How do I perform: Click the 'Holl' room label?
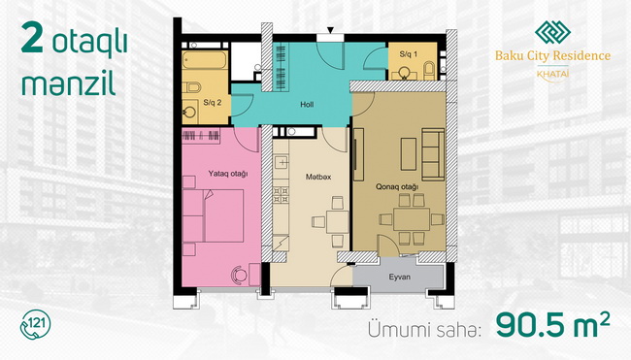[x=307, y=105]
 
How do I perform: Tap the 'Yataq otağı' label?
[x=228, y=174]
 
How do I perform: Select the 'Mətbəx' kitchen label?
[x=317, y=177]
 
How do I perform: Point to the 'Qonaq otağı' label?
[x=397, y=186]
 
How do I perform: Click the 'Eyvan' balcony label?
[x=400, y=277]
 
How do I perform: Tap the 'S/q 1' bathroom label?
[x=408, y=54]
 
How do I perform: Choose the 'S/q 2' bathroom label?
[x=212, y=103]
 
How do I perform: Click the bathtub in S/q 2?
[x=205, y=60]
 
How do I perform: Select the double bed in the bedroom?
[x=213, y=215]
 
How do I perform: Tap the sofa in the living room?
[x=433, y=154]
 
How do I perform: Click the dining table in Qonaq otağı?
[x=412, y=219]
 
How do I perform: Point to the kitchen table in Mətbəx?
[x=337, y=221]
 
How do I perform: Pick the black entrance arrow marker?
[x=330, y=30]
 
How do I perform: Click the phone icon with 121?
[x=35, y=325]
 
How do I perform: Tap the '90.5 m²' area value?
[x=553, y=325]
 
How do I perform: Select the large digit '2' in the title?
[x=32, y=38]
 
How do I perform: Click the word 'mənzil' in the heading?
[x=68, y=83]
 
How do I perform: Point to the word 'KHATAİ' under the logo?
[x=553, y=74]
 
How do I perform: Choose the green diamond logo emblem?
[x=552, y=32]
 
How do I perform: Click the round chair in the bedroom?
[x=239, y=275]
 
